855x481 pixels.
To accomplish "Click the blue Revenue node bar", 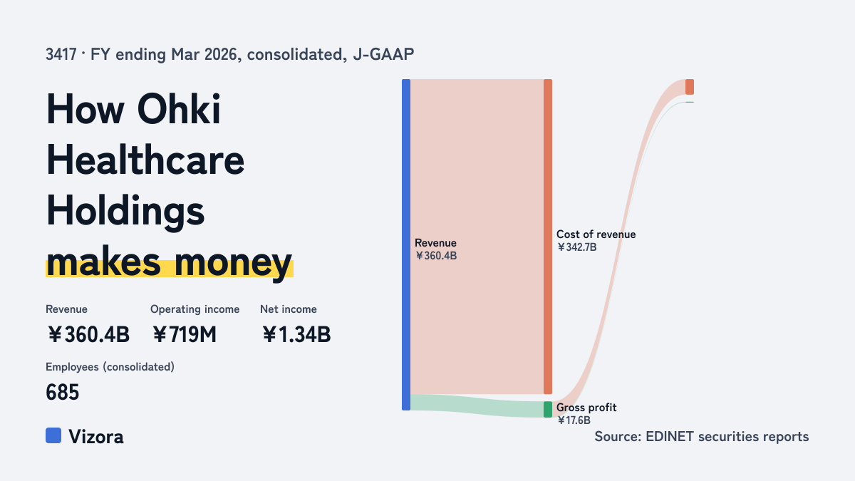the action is coord(406,244).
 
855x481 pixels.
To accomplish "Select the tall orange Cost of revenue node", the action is coord(548,237).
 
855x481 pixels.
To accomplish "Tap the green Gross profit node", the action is coord(548,409).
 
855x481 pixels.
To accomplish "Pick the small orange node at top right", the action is coord(690,87).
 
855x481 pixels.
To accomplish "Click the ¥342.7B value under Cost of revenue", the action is coord(576,247).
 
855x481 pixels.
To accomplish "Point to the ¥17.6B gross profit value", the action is coord(574,420).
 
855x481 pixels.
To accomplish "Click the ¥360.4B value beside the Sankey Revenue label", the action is coord(435,256).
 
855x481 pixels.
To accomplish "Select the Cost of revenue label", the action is coord(596,234).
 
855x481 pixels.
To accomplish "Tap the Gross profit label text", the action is coord(586,408).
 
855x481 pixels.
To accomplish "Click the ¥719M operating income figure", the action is coord(184,334).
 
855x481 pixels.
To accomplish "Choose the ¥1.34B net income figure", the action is coord(296,334).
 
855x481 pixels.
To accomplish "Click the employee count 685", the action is coord(62,392).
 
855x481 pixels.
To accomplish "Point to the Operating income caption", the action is coord(195,309).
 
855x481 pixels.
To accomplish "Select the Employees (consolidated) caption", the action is coord(110,367).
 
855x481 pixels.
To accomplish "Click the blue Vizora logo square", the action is coord(53,435).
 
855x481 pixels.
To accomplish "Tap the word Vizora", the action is coord(95,437).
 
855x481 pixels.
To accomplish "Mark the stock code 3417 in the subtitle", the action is coord(61,55).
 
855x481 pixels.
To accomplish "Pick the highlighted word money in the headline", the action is coord(233,263).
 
